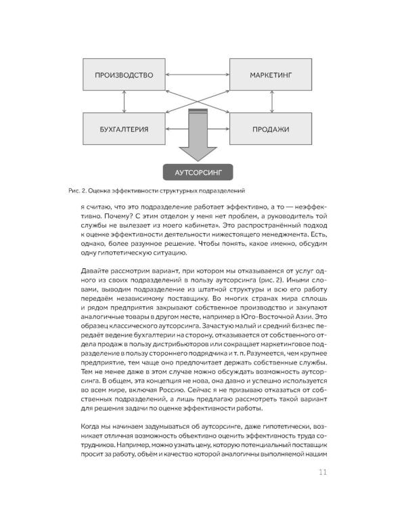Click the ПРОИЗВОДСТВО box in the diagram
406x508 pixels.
[124, 75]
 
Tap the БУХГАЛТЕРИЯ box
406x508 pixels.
[124, 129]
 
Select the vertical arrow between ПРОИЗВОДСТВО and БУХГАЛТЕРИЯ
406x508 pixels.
[124, 102]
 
